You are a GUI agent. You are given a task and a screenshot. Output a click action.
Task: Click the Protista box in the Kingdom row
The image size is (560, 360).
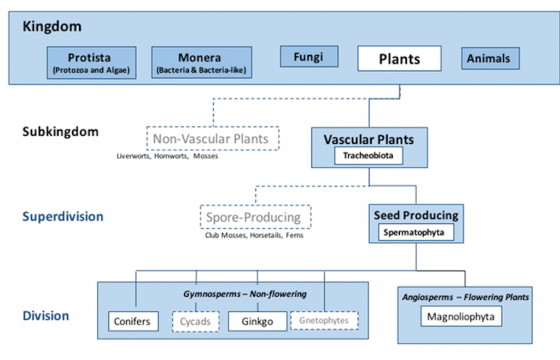(91, 62)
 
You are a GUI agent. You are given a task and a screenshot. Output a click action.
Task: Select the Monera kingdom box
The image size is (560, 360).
(201, 62)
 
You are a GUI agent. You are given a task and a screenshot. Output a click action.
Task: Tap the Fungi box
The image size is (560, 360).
(309, 56)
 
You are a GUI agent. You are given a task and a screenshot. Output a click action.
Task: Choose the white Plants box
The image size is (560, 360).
(399, 59)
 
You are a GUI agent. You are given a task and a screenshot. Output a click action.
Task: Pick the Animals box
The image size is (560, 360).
(490, 59)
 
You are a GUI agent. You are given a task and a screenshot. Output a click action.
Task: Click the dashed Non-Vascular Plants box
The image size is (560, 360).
(213, 139)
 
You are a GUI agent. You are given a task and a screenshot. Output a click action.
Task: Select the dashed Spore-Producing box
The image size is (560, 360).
(255, 217)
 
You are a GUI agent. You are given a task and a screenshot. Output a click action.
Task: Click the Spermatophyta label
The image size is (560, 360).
(418, 233)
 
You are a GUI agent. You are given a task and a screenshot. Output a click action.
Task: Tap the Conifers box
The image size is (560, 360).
(133, 321)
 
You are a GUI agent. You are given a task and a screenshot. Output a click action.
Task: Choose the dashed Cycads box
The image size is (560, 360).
(195, 321)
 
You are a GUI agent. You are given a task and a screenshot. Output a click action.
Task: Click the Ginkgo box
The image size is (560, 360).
(257, 321)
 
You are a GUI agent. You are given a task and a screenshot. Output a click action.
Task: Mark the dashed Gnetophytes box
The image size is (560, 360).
(324, 321)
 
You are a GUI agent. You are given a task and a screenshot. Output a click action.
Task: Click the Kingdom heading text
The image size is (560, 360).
(52, 26)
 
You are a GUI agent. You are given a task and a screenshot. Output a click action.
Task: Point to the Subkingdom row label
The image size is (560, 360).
(60, 132)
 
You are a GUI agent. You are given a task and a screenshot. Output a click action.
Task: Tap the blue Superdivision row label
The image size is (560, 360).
(62, 217)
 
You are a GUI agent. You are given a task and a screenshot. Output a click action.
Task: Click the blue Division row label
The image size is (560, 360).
(45, 316)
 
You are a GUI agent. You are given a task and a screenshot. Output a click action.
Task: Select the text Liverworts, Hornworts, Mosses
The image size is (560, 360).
(167, 156)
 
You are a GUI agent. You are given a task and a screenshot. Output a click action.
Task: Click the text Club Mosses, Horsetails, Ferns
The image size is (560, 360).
(254, 235)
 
